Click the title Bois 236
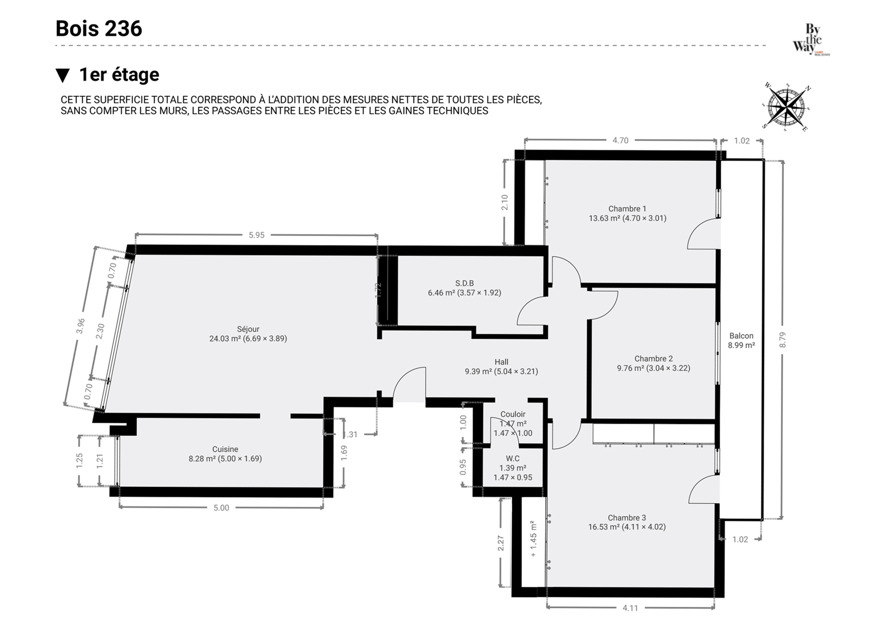click(99, 29)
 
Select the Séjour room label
click(248, 329)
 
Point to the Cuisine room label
click(225, 449)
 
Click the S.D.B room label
click(465, 283)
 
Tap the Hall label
click(501, 362)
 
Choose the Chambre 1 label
click(627, 209)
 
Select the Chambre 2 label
click(653, 359)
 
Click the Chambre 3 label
click(627, 518)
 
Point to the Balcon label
click(742, 336)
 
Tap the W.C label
click(513, 459)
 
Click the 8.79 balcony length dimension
click(783, 340)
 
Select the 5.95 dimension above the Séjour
click(257, 235)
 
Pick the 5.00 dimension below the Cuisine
click(221, 508)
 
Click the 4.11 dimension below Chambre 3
click(630, 608)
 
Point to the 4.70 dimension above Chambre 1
click(620, 140)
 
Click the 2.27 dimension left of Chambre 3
click(501, 543)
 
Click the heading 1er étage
click(119, 75)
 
